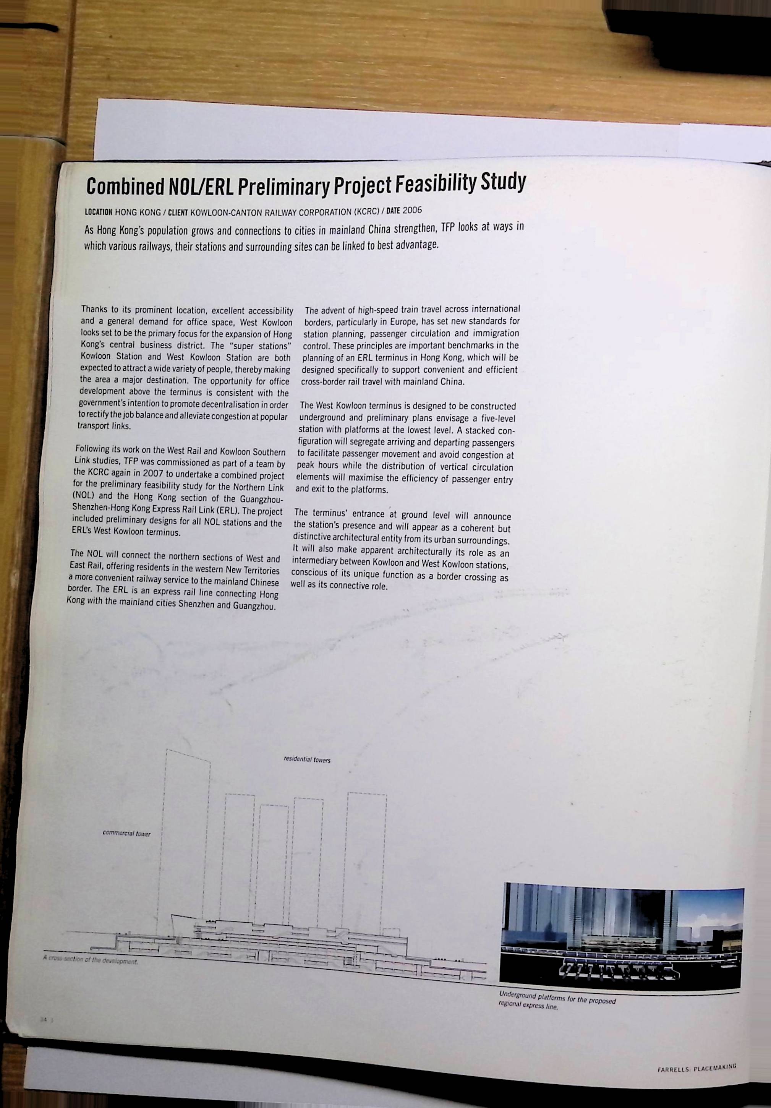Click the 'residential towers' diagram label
pyautogui.click(x=307, y=760)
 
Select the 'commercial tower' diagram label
pyautogui.click(x=126, y=834)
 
